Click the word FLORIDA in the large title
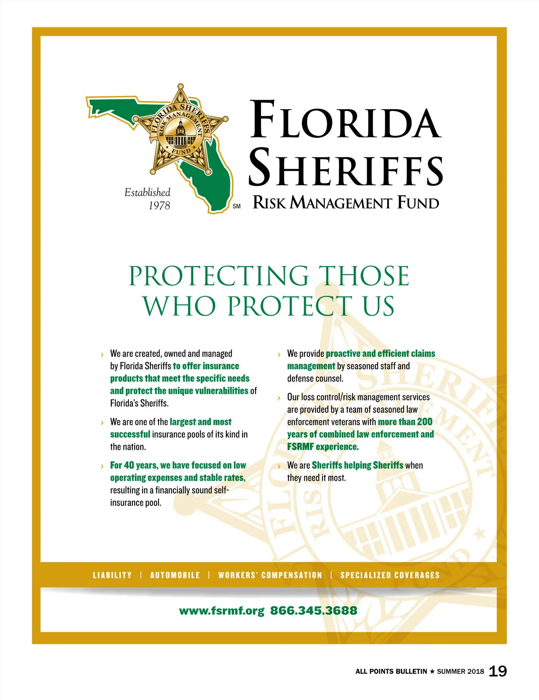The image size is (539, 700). (x=345, y=120)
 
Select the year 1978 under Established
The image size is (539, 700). (x=159, y=206)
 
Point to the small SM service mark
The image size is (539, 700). (x=237, y=207)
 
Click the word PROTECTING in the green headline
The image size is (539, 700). (x=219, y=276)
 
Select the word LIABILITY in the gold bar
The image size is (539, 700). (x=112, y=575)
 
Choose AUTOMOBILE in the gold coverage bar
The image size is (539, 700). (x=175, y=575)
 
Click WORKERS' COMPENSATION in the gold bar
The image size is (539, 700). (x=270, y=575)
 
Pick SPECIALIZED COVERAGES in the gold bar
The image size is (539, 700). (x=390, y=575)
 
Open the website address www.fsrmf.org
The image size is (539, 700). (x=221, y=611)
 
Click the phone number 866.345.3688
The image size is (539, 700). (x=314, y=611)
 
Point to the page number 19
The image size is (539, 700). (x=497, y=671)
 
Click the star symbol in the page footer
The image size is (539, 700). (x=432, y=671)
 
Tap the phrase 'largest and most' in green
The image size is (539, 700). (x=200, y=422)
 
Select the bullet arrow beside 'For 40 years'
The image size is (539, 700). (x=102, y=466)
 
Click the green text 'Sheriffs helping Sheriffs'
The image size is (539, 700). (x=358, y=465)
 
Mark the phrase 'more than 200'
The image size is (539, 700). (x=405, y=422)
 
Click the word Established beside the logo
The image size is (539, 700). (x=147, y=193)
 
